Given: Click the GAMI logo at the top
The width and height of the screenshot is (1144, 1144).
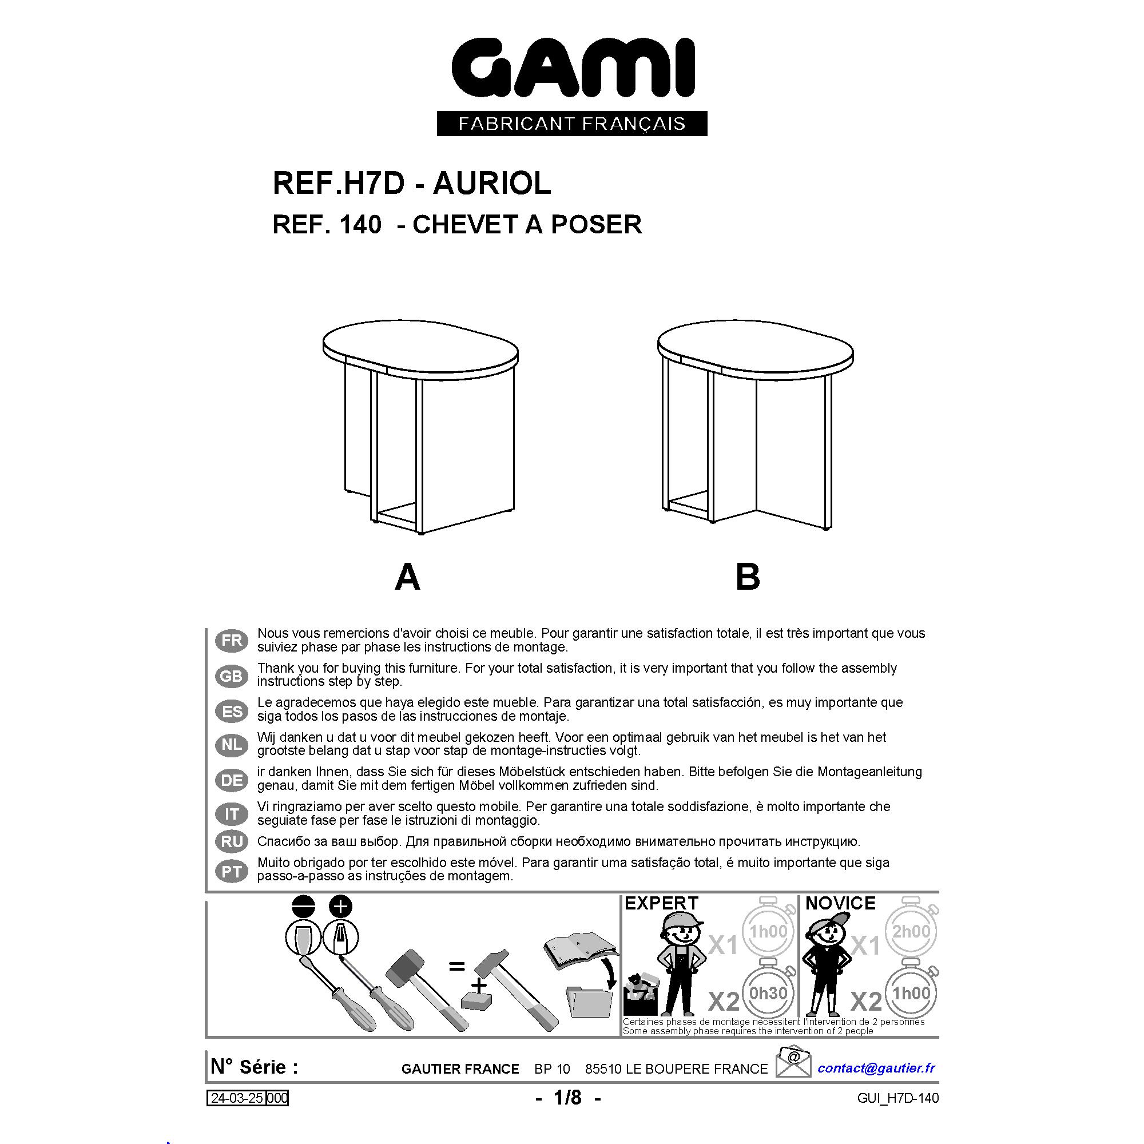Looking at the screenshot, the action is click(573, 67).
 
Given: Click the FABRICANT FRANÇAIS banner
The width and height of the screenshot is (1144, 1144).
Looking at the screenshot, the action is click(572, 124).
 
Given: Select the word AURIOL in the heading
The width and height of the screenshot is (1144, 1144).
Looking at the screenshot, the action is click(492, 184).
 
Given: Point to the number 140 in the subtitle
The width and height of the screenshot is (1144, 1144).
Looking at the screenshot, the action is click(360, 225).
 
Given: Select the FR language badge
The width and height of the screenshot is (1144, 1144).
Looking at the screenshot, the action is click(232, 641).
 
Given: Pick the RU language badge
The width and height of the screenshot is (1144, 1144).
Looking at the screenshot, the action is click(232, 841).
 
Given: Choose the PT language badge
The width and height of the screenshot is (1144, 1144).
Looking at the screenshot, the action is click(232, 871).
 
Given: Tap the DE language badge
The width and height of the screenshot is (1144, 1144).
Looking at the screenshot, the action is click(232, 780).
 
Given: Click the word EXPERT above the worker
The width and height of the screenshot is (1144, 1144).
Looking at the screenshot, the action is click(661, 903).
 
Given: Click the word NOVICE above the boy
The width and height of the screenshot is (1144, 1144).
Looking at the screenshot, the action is click(840, 903).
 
